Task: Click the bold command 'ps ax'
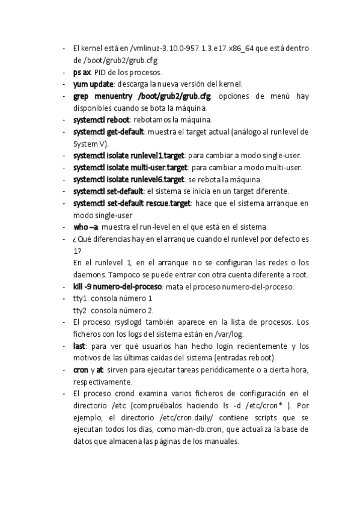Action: coord(82,72)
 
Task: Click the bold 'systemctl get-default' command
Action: coord(109,132)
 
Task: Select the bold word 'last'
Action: coord(78,346)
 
